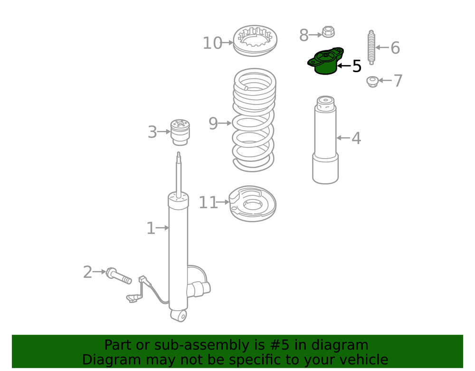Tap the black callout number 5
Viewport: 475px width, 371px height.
pos(357,67)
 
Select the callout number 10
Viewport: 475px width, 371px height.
pos(212,43)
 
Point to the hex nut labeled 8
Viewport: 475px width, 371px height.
pos(328,33)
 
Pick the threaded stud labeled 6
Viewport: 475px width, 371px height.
pos(371,47)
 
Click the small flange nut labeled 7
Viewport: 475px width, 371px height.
pos(372,81)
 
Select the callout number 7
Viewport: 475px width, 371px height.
pos(398,81)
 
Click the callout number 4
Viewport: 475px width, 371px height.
pos(356,138)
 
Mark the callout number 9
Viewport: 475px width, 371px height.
pos(213,124)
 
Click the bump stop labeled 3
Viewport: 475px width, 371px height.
pos(180,132)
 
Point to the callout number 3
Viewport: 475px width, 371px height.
pos(152,132)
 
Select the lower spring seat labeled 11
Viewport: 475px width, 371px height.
pos(253,203)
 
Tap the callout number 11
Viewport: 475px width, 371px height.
pos(208,203)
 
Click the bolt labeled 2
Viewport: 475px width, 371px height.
pos(119,276)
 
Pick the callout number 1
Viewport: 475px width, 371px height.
pos(151,228)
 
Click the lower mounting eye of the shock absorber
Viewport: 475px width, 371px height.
pos(179,315)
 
